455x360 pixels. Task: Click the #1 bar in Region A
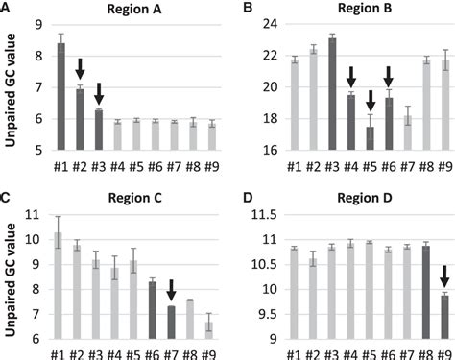click(60, 97)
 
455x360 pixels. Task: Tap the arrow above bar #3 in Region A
click(99, 94)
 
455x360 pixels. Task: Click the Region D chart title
click(362, 199)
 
